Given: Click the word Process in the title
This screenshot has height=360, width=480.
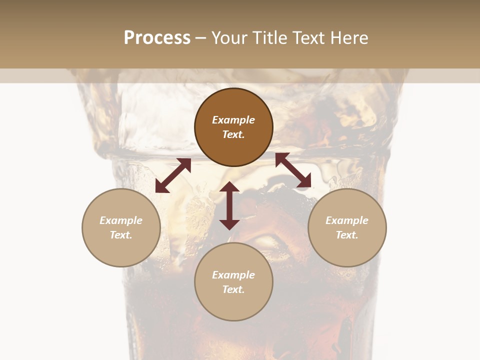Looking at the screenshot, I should pos(157,38).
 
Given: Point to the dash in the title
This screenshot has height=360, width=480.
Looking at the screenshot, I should pos(201,38).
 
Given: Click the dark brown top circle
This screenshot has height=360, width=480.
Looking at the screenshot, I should pos(233,105).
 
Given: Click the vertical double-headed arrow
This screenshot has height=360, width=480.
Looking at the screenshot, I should pos(229,205).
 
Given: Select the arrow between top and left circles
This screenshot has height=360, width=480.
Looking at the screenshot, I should pos(173,175).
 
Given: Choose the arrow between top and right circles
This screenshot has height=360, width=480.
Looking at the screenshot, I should pos(293,170).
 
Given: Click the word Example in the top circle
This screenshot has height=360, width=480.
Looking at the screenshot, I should pos(233,120).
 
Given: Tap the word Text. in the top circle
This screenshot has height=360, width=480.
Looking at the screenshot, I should pos(233,134).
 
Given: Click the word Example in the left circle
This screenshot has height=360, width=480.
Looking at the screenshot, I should pos(121,220).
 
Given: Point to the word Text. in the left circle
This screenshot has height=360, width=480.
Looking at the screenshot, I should pos(121,235).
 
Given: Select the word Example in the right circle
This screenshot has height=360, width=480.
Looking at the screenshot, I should pos(347,220).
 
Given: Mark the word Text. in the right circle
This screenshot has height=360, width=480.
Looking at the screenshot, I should pos(347,235).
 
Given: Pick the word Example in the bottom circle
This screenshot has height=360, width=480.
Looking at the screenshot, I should pos(233,275).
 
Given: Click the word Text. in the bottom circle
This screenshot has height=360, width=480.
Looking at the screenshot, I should pos(233,289).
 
